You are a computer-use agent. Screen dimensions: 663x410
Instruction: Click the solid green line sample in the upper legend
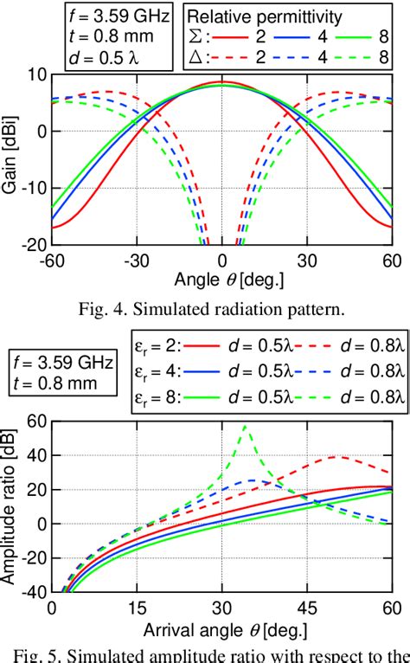coord(366,37)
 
